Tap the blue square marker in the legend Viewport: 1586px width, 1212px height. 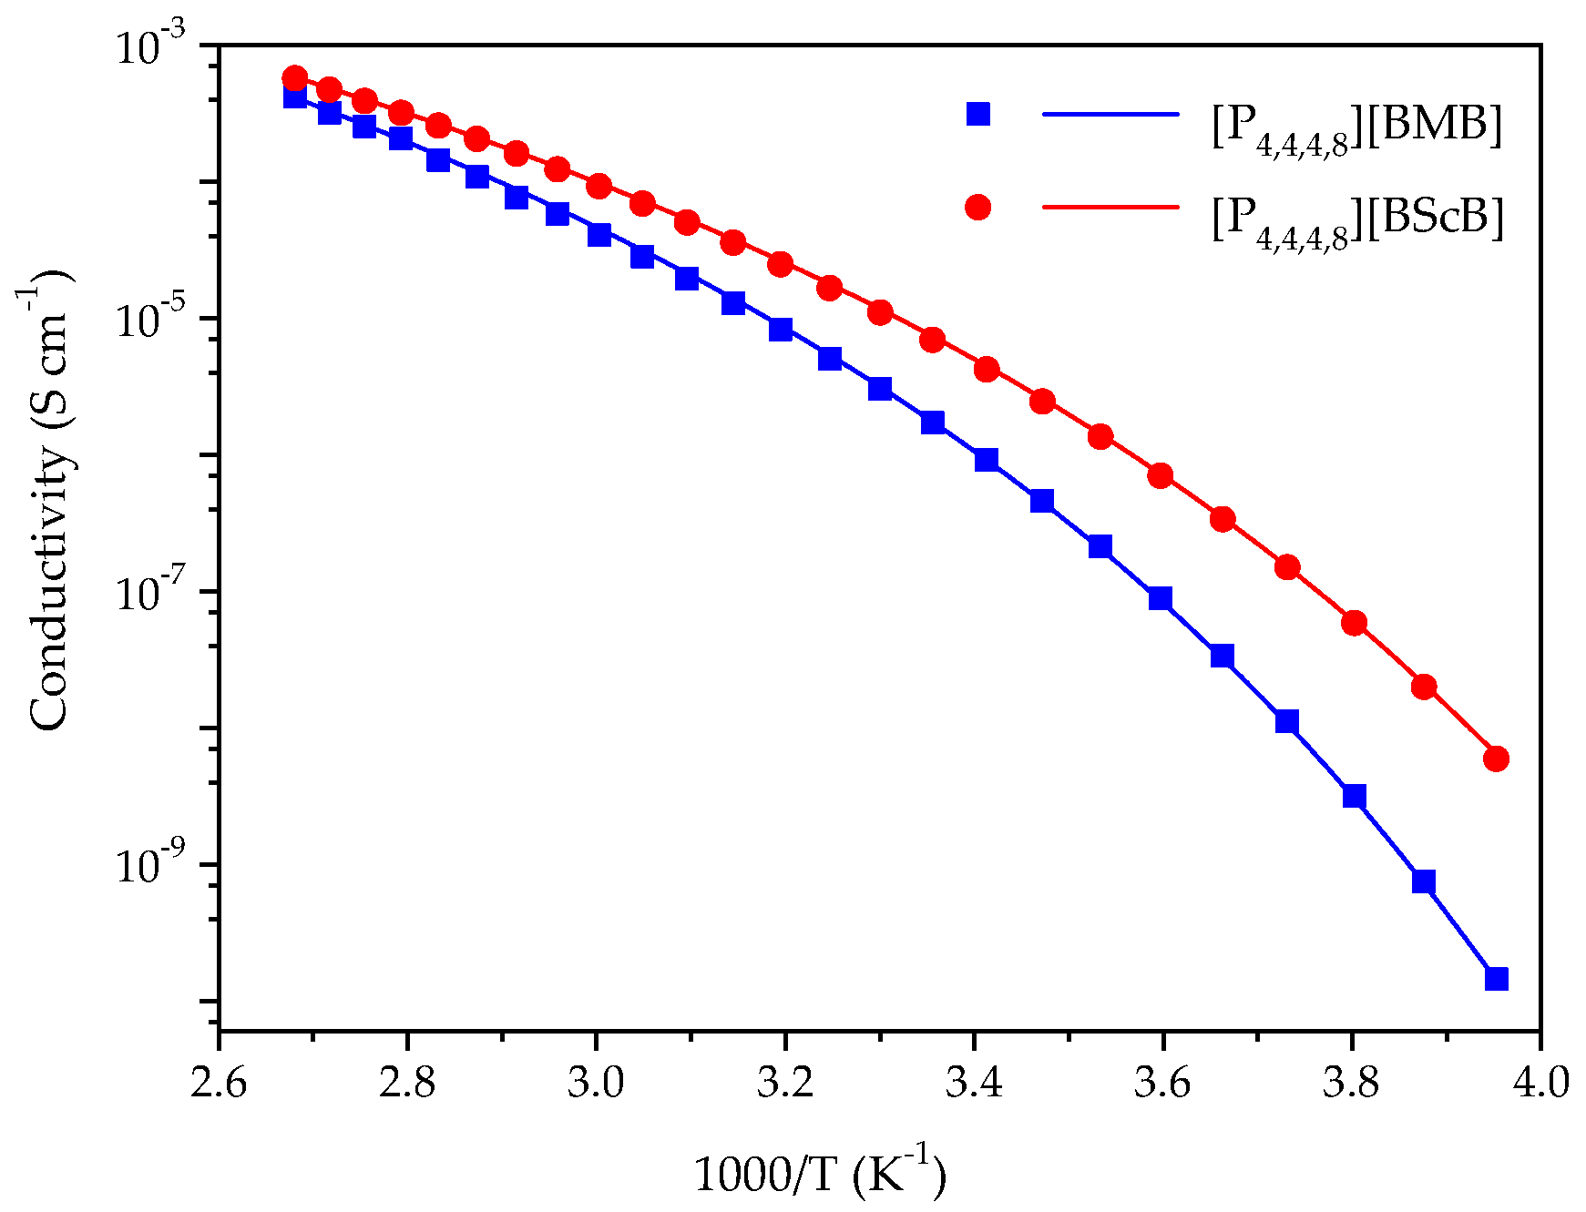click(x=977, y=114)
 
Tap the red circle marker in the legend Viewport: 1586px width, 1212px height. click(x=977, y=208)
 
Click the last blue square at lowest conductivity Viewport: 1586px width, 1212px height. click(x=1496, y=979)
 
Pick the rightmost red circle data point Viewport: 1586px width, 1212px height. click(x=1496, y=759)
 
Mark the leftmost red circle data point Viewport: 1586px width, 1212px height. click(x=294, y=77)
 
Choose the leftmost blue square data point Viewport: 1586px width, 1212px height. click(x=294, y=97)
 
